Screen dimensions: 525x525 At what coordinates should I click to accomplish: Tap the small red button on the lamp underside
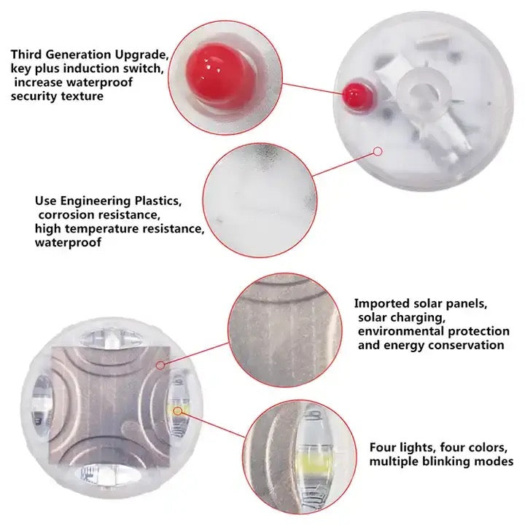tap(357, 96)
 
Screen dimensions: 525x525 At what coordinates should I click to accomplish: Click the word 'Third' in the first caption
tap(27, 54)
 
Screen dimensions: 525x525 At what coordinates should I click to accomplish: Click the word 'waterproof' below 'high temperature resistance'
tap(68, 242)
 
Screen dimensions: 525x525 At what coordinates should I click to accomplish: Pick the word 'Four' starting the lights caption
tap(382, 447)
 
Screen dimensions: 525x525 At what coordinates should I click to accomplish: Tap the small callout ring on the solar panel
tap(160, 365)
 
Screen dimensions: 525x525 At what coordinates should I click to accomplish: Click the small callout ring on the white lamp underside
tap(378, 152)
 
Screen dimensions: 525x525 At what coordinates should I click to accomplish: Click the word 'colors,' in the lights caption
tap(487, 448)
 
